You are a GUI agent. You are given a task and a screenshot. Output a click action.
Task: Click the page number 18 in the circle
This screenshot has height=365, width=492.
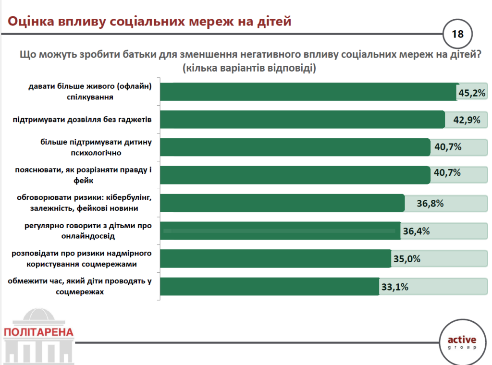457,34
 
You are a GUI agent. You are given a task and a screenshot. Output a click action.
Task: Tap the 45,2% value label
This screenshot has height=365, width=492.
472,93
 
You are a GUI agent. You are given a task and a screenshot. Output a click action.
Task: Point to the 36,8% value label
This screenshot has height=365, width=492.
430,203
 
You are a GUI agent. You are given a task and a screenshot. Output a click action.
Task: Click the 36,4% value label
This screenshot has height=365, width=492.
416,231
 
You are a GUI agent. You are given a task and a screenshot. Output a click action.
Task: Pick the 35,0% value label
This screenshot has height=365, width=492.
407,259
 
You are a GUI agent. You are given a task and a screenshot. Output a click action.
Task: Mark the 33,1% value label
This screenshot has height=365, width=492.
395,287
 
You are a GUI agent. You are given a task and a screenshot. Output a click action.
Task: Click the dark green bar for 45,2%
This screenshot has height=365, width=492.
307,92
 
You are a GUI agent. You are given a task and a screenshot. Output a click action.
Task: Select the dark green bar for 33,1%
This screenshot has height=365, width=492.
269,287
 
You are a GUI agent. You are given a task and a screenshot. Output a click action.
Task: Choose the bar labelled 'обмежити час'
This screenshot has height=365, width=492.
269,287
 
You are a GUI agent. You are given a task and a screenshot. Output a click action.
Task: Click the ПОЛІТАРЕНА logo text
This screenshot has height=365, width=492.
38,332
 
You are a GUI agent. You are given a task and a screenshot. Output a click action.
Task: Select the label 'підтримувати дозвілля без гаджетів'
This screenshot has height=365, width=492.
82,120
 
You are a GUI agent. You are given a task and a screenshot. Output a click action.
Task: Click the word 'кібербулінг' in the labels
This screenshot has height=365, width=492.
130,197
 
